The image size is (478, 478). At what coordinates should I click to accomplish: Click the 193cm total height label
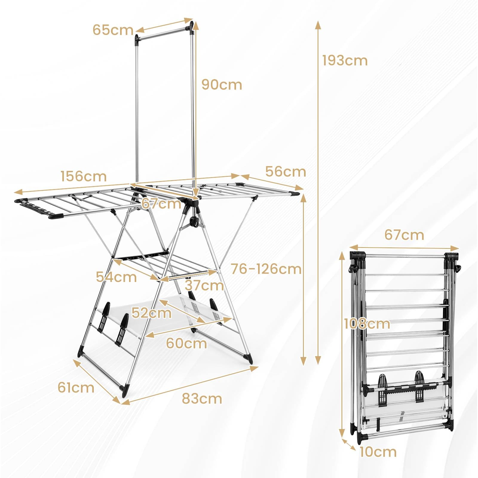point(344,61)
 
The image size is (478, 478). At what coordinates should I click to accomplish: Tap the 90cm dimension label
point(221,85)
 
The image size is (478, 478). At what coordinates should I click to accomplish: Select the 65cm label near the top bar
point(113,30)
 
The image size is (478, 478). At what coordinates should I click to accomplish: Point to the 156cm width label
point(83,176)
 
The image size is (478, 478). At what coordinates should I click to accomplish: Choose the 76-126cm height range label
point(266,269)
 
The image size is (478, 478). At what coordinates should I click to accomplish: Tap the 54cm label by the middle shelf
point(116,277)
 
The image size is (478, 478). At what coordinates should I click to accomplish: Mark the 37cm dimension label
point(204,285)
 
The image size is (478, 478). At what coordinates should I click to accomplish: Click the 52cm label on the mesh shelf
point(151,313)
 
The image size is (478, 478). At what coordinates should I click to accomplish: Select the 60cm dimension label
point(186,343)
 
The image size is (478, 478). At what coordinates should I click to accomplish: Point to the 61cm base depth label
point(76,387)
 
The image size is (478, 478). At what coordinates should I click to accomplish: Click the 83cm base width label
point(202,399)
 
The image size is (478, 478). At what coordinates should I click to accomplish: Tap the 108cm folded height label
point(367,324)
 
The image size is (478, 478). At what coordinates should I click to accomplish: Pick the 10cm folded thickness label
point(378,452)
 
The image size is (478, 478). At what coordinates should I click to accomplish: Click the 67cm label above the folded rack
point(404,235)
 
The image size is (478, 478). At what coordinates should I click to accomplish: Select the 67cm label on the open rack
point(161,204)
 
